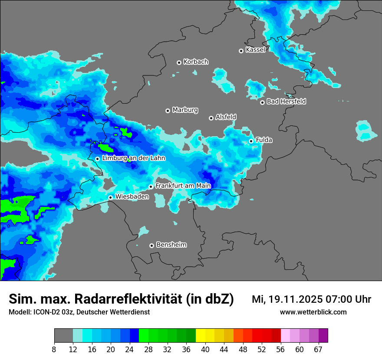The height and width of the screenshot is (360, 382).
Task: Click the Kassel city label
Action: (255, 50)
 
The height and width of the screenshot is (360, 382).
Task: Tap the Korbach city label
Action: (196, 62)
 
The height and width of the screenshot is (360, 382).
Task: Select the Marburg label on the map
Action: (185, 110)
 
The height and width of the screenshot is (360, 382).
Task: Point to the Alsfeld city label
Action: (226, 117)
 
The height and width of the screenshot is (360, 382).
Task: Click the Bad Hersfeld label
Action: (286, 101)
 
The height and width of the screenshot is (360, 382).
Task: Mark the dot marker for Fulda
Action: (251, 141)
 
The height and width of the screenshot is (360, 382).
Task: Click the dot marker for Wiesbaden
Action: (111, 197)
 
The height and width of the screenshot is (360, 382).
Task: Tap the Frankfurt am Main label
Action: (183, 186)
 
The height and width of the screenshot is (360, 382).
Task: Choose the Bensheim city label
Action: (171, 245)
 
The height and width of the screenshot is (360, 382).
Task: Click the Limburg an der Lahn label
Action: (133, 158)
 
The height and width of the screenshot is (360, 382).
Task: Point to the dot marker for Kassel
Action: (241, 51)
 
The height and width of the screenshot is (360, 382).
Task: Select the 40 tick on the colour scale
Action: (205, 350)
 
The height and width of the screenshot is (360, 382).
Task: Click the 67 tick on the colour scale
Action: (318, 350)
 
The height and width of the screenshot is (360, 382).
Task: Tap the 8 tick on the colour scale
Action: (54, 350)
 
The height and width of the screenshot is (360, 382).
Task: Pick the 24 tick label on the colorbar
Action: (130, 350)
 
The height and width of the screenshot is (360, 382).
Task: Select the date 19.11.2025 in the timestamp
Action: (294, 299)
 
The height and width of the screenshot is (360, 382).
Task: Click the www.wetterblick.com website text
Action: (313, 312)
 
